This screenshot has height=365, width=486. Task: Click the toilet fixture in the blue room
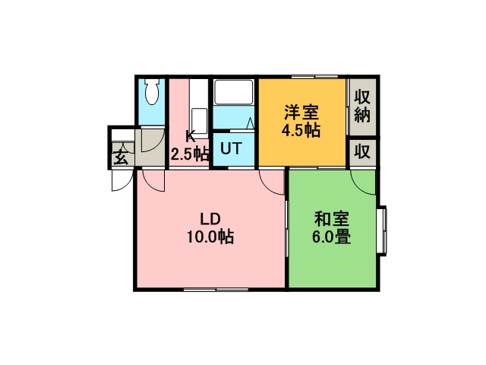152,91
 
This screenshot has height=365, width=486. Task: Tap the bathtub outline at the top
234,93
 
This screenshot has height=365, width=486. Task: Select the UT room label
231,148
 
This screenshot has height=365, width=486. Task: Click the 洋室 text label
301,113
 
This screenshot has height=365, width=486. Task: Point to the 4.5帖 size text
301,130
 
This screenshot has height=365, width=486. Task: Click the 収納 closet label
362,106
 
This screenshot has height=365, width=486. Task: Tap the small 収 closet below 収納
362,152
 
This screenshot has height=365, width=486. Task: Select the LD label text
210,219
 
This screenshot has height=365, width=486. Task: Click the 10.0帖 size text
210,237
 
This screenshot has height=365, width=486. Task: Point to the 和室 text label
332,219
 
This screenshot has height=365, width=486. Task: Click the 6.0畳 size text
331,237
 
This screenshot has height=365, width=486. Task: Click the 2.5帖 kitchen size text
190,154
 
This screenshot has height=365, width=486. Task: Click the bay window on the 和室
383,231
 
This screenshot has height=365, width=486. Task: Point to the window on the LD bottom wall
216,290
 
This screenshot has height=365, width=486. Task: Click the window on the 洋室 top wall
315,77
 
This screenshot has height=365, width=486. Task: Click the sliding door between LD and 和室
287,229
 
